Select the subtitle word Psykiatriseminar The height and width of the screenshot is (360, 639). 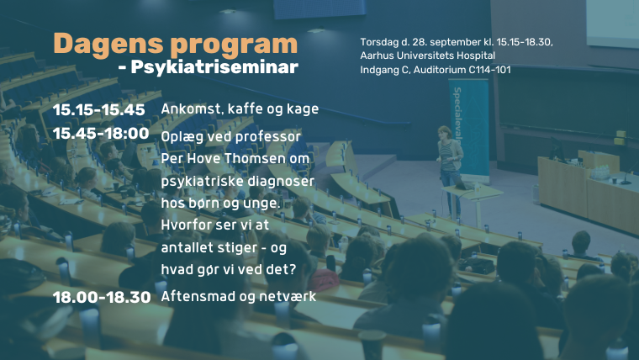coord(214,67)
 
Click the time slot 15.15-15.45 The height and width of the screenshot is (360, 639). coord(99,109)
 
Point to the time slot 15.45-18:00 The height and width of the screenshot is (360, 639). coord(101,134)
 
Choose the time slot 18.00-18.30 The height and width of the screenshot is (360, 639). coord(102,297)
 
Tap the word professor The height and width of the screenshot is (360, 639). coord(268,137)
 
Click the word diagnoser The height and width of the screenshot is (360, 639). coord(281,181)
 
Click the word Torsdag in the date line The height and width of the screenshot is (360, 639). coord(379,42)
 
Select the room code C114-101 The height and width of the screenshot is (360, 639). coord(489,70)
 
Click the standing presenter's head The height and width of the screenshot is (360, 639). coord(444,133)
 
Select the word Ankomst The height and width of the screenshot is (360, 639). coord(192,109)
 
